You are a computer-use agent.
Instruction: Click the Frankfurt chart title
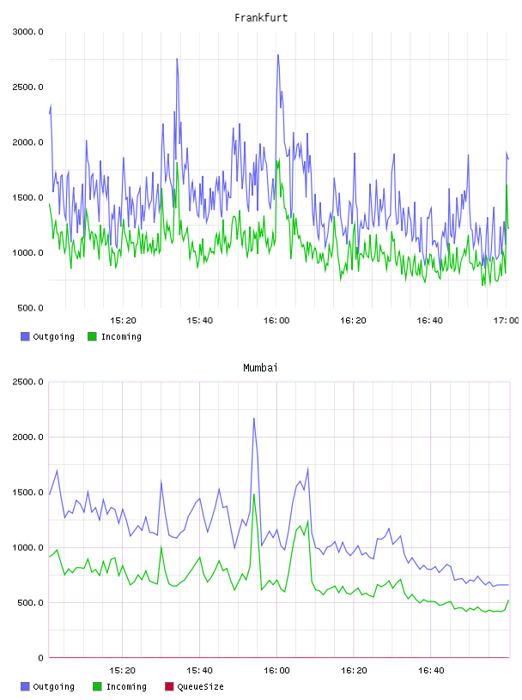pyautogui.click(x=261, y=18)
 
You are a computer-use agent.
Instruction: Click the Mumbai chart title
pyautogui.click(x=260, y=368)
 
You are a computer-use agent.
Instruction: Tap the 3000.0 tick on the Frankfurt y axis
pyautogui.click(x=27, y=32)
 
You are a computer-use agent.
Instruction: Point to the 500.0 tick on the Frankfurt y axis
pyautogui.click(x=30, y=308)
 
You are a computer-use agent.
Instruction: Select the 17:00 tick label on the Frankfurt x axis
pyautogui.click(x=506, y=321)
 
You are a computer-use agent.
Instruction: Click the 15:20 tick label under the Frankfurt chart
pyautogui.click(x=123, y=321)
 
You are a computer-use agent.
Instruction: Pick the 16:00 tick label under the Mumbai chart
pyautogui.click(x=276, y=671)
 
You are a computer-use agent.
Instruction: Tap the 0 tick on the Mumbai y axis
pyautogui.click(x=40, y=658)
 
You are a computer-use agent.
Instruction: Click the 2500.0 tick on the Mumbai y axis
pyautogui.click(x=27, y=382)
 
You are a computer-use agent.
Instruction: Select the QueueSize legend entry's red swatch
pyautogui.click(x=169, y=686)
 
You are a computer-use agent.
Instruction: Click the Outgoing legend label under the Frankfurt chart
pyautogui.click(x=53, y=336)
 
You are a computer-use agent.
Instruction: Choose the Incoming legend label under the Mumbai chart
pyautogui.click(x=126, y=686)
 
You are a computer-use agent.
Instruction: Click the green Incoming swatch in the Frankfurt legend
pyautogui.click(x=92, y=336)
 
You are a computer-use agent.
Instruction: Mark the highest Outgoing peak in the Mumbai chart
pyautogui.click(x=254, y=419)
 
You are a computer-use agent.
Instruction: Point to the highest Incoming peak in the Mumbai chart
pyautogui.click(x=254, y=494)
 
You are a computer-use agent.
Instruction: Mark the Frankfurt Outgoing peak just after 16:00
pyautogui.click(x=278, y=55)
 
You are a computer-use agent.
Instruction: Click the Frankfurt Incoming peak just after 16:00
pyautogui.click(x=279, y=159)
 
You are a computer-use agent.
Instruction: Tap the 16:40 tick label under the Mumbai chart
pyautogui.click(x=431, y=671)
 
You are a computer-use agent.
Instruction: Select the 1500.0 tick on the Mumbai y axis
pyautogui.click(x=27, y=492)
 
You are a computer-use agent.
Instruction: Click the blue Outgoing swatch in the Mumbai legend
pyautogui.click(x=25, y=686)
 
